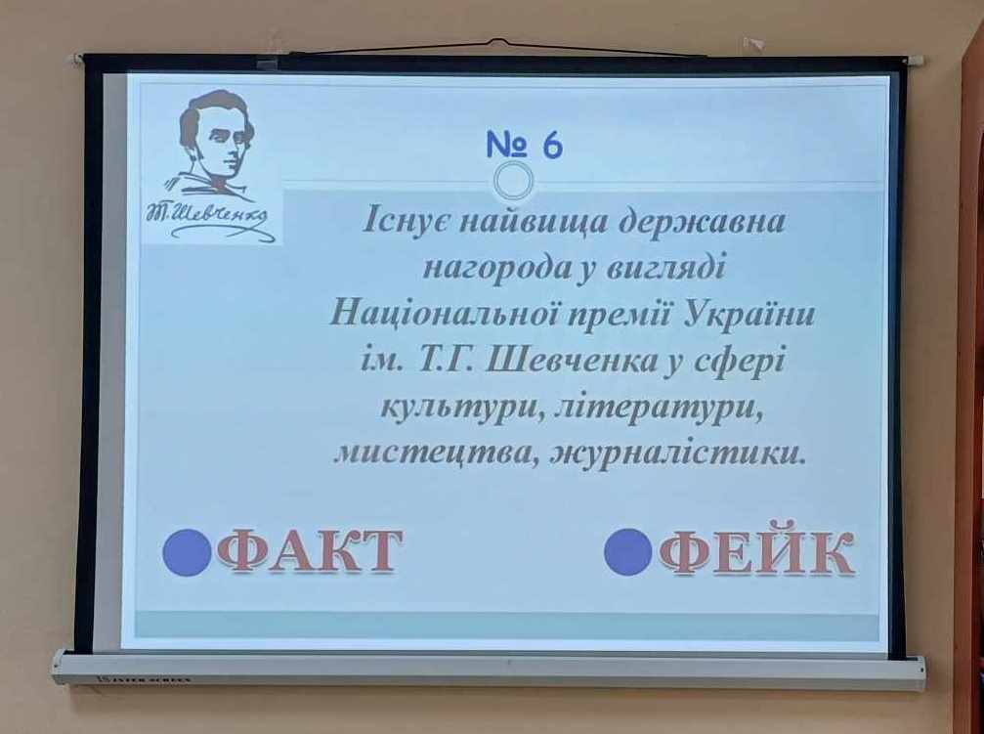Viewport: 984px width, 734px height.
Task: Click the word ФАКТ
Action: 309,550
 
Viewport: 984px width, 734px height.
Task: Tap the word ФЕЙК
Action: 756,550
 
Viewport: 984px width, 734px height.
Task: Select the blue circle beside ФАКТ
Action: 187,552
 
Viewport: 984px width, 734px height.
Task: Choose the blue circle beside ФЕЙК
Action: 628,551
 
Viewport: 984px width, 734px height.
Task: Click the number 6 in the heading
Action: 553,145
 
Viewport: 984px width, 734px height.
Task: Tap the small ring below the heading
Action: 513,181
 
